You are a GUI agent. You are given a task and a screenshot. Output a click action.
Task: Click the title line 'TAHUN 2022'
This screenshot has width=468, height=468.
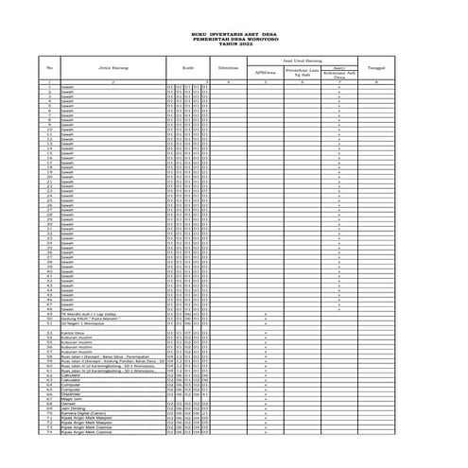click(234, 44)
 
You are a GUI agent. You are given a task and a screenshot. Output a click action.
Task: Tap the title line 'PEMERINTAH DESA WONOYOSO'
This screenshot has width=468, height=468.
click(234, 40)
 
